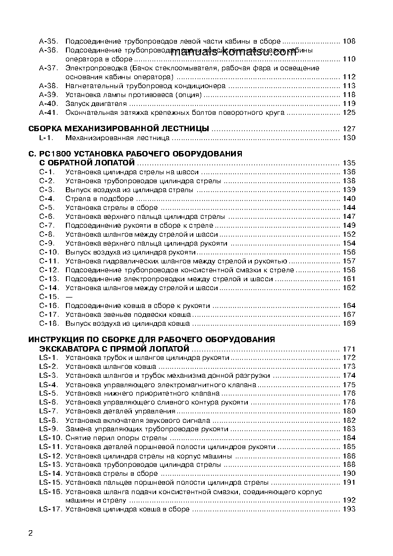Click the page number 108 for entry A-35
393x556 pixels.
pos(349,42)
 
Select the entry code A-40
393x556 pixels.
pos(49,103)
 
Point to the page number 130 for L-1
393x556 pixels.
pos(349,138)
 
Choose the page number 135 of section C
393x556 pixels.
pos(349,163)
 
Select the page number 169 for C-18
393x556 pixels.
pos(349,323)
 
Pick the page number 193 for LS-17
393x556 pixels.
pos(349,509)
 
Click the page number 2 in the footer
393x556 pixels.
pos(31,533)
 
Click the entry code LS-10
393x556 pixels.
pos(50,438)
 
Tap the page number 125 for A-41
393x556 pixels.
pos(349,112)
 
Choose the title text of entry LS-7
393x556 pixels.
pos(120,411)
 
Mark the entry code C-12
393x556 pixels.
pos(50,270)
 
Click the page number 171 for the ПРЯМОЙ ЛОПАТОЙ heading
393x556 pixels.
pos(349,350)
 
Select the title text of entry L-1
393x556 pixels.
pos(117,138)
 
